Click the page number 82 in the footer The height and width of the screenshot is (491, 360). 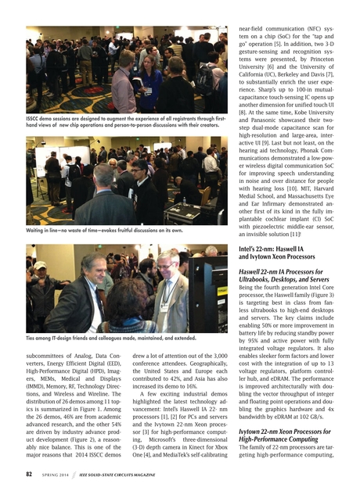29,474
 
